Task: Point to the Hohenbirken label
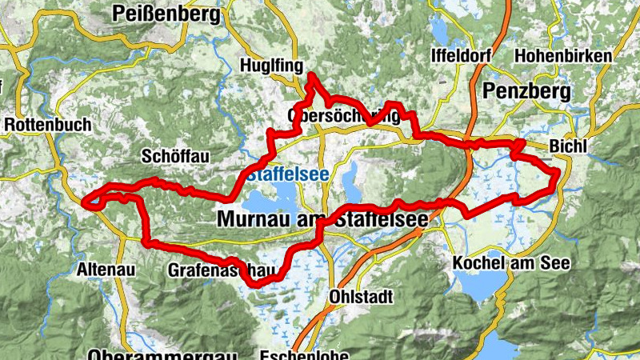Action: [x=563, y=56]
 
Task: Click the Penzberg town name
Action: [x=526, y=91]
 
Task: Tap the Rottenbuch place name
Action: [x=48, y=126]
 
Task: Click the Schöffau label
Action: [x=174, y=157]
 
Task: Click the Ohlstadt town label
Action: [x=362, y=297]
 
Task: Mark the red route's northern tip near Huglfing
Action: [x=311, y=76]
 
